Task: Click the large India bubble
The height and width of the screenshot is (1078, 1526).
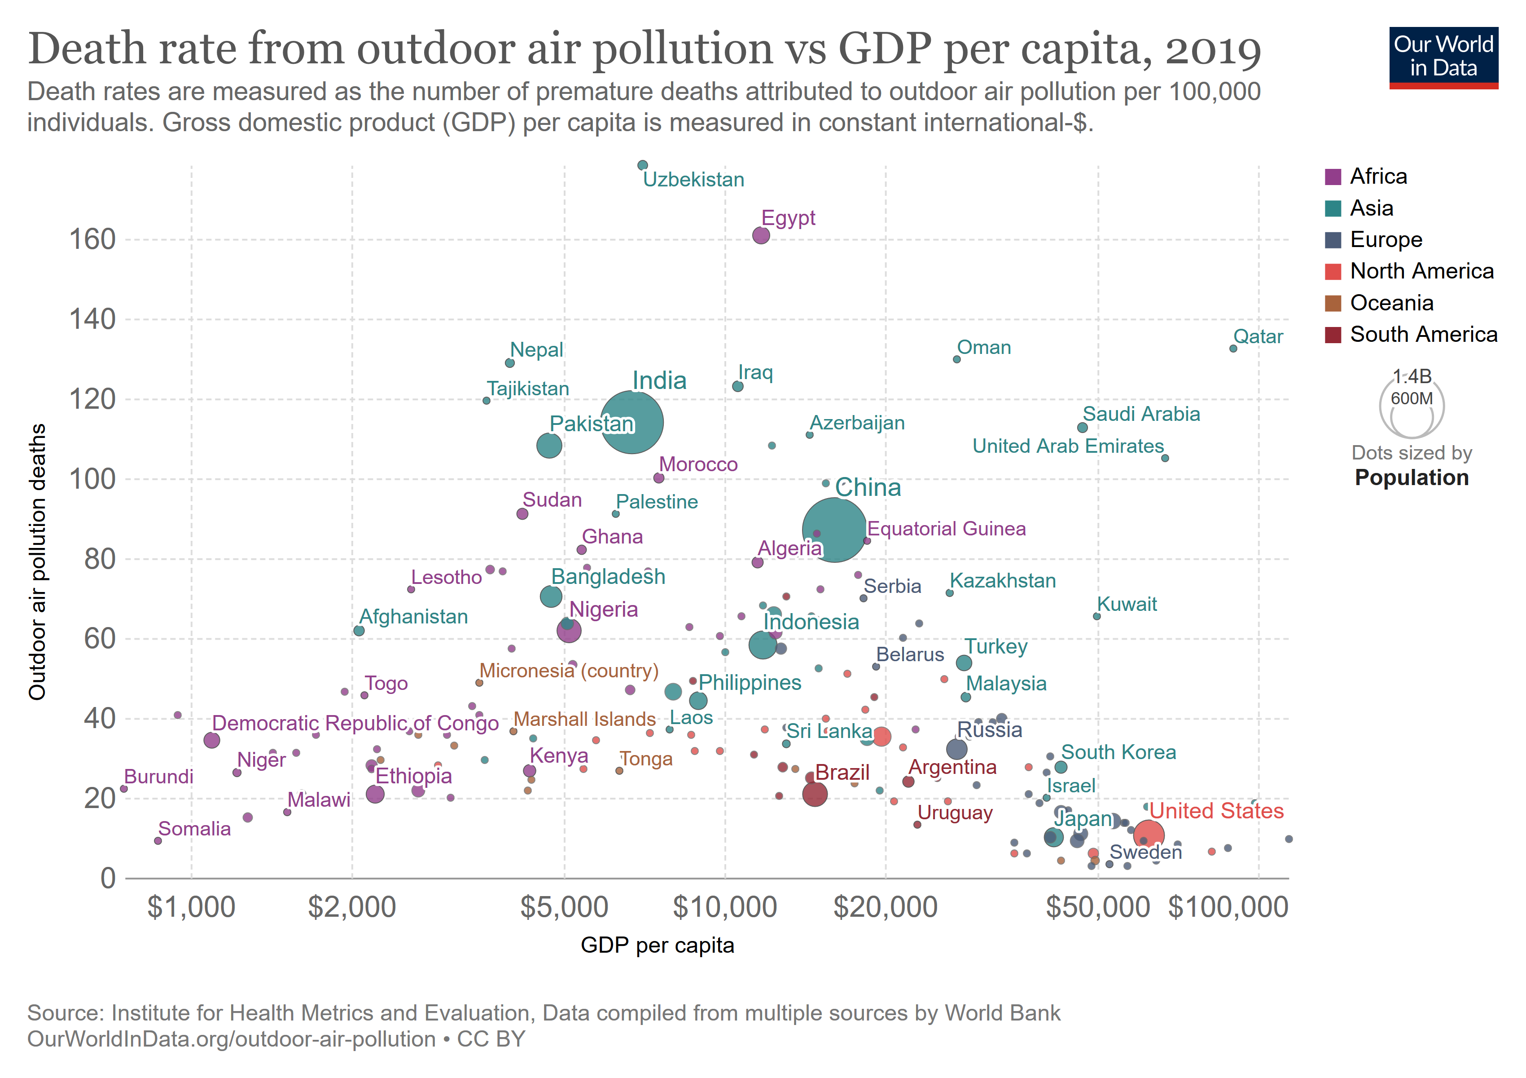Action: coord(631,422)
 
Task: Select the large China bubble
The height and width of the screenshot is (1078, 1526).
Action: coord(834,530)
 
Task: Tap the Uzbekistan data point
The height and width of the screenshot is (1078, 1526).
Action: coord(642,165)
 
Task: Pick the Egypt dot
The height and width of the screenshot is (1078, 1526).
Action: coord(761,235)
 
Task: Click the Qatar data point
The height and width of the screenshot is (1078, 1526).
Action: coord(1233,349)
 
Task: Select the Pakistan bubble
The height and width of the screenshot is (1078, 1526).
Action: coord(549,445)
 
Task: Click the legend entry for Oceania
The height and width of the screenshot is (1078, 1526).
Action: coord(1391,303)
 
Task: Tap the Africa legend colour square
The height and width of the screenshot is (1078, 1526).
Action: coord(1333,177)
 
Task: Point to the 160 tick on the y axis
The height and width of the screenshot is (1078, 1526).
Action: coord(93,239)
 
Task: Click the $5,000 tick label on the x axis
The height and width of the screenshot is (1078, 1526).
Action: coord(564,907)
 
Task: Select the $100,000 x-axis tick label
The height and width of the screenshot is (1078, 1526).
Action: coord(1228,907)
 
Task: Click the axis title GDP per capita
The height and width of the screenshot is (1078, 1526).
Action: coord(658,945)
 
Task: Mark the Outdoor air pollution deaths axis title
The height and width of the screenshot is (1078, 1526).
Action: coord(38,562)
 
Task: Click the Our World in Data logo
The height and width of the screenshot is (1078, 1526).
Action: coord(1443,57)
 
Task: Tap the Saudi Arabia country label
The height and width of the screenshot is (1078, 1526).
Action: coord(1141,414)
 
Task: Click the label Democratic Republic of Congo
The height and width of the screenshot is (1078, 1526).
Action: coord(355,723)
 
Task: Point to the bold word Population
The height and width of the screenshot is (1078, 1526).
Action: coord(1412,477)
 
